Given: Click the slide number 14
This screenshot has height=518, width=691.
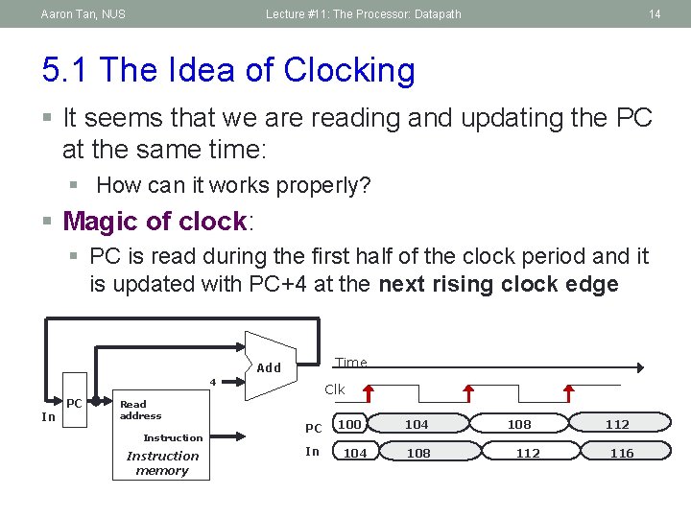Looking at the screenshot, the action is pos(655,14).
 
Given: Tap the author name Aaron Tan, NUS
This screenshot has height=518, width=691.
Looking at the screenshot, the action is pos(83,14).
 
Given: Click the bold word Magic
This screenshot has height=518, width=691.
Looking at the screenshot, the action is pos(99,222).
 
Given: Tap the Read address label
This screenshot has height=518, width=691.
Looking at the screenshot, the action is pos(140,411).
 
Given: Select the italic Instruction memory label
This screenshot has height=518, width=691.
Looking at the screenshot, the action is pos(162,463).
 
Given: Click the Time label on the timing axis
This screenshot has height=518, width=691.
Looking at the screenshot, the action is pos(351,362).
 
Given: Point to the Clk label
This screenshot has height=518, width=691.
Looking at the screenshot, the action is pos(334,389).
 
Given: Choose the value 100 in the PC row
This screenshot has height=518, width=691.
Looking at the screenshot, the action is pos(350,424).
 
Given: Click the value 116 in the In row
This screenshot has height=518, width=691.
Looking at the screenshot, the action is pos(622,453).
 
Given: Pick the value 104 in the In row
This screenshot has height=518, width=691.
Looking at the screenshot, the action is pos(355,453).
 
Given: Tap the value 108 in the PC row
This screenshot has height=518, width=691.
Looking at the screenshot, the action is pos(519,424).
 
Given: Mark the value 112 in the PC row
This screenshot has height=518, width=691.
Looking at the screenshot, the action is pos(617,424).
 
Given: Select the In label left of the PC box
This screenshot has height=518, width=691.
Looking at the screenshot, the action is pos(48,416).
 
